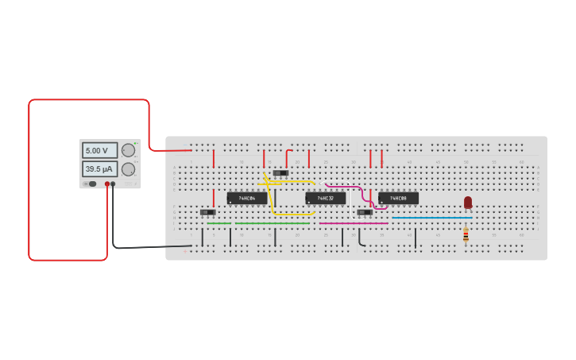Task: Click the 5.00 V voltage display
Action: pos(99,150)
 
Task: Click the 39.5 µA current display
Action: pos(99,168)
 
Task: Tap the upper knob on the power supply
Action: pos(128,150)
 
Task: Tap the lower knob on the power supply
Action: pos(128,168)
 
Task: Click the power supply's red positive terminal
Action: pos(107,184)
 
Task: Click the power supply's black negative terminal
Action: pos(113,184)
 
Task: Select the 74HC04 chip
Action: pos(246,198)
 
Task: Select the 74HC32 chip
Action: pos(325,198)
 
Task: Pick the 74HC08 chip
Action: pos(398,198)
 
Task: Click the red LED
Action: pos(468,202)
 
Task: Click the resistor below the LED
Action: pos(466,234)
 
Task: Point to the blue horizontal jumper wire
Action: pos(431,218)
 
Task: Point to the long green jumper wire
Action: pos(272,223)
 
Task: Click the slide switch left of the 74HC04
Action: pos(208,212)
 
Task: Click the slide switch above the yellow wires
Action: pos(280,172)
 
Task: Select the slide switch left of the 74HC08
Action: pos(365,212)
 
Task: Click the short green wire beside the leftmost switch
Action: pos(218,223)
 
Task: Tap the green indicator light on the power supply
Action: pos(136,143)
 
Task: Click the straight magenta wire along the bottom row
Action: pos(353,223)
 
